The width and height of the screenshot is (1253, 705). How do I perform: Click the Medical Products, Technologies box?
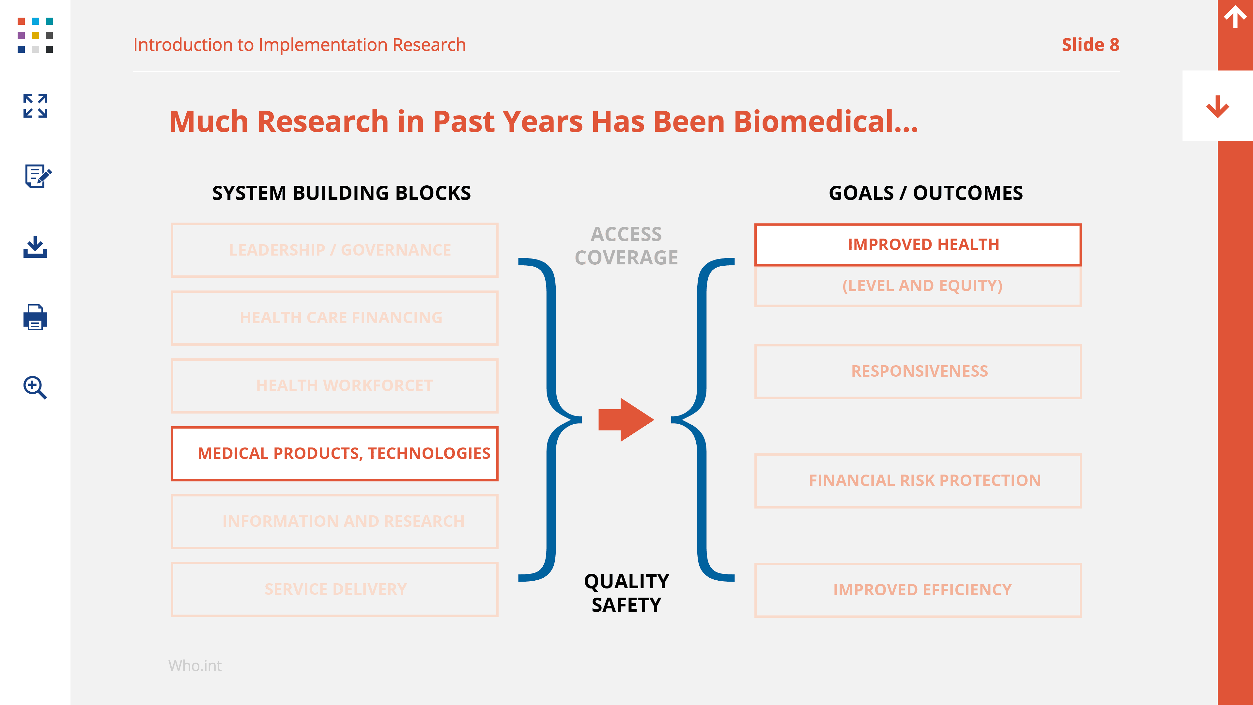pyautogui.click(x=335, y=453)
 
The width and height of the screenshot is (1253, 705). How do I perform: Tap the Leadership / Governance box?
pyautogui.click(x=335, y=250)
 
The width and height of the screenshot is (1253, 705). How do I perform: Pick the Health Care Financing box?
pyautogui.click(x=335, y=318)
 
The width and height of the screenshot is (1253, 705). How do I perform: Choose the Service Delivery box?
pyautogui.click(x=335, y=589)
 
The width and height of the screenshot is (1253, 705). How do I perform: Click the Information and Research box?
pyautogui.click(x=335, y=522)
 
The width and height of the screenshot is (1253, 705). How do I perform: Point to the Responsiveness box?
pyautogui.click(x=918, y=371)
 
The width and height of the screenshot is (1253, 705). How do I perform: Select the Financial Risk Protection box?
pyautogui.click(x=918, y=481)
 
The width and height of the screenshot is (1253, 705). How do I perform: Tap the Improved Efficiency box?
pyautogui.click(x=918, y=590)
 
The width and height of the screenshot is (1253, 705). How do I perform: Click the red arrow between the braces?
pyautogui.click(x=626, y=419)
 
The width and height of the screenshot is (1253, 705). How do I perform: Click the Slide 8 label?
pyautogui.click(x=1090, y=45)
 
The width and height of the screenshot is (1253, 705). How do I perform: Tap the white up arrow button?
pyautogui.click(x=1235, y=17)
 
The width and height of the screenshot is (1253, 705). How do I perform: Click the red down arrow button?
pyautogui.click(x=1217, y=106)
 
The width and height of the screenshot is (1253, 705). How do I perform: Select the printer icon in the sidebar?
pyautogui.click(x=35, y=317)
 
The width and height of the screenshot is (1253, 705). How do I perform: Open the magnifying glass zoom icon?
pyautogui.click(x=35, y=387)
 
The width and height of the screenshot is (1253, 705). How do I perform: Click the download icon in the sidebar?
pyautogui.click(x=35, y=247)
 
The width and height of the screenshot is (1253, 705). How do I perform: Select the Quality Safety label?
pyautogui.click(x=626, y=593)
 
